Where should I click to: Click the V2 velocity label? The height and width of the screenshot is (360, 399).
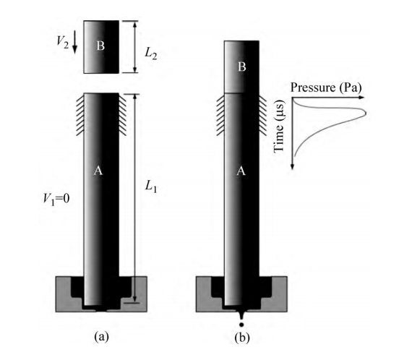(x=63, y=43)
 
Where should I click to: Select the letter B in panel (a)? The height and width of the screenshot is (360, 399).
(x=100, y=46)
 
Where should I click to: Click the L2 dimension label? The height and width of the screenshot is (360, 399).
(x=151, y=54)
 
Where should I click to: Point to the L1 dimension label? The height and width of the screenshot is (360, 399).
(x=151, y=187)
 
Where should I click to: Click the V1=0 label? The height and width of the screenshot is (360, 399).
(x=56, y=199)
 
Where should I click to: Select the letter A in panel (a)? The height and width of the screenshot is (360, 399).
(x=98, y=171)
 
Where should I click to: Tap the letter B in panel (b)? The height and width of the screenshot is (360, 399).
(x=241, y=67)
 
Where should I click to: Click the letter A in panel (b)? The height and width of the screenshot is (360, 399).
(x=241, y=171)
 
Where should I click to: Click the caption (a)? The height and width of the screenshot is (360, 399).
(x=101, y=337)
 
